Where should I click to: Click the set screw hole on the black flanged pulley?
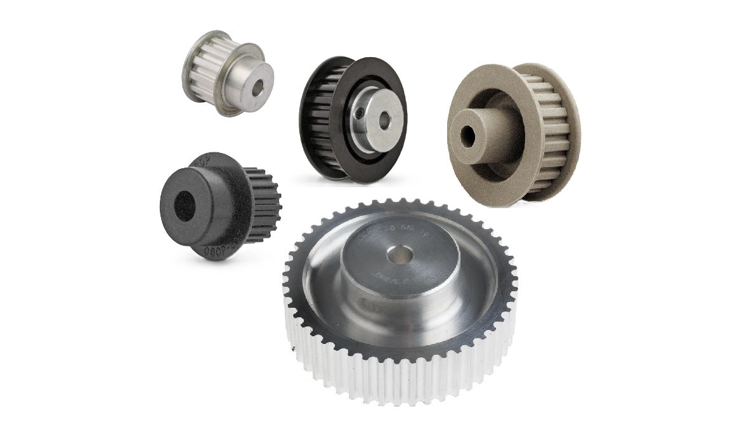point(359,114)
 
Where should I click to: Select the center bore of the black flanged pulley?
point(384,119)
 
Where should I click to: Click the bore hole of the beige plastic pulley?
point(468,135)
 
